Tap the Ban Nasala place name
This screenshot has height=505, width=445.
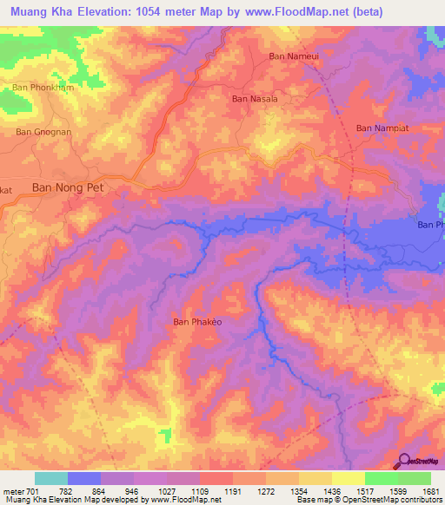255,99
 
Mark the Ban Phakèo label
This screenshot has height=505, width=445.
197,322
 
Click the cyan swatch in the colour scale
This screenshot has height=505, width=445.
51,478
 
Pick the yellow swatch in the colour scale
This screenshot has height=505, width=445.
349,478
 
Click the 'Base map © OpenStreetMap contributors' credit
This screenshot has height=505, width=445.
372,500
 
